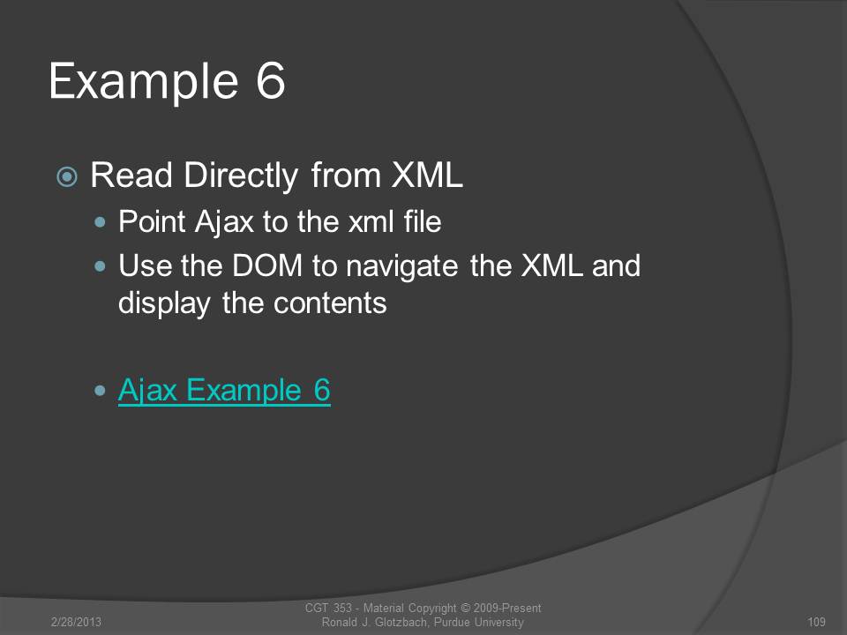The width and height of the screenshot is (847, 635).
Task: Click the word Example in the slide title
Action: click(144, 82)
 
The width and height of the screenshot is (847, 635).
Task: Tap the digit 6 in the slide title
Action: click(270, 80)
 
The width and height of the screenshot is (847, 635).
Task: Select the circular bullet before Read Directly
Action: click(67, 176)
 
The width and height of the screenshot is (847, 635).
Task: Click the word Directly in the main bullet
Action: click(241, 176)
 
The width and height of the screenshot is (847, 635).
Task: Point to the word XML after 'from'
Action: click(427, 175)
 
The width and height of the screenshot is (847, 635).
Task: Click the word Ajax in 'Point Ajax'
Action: click(224, 222)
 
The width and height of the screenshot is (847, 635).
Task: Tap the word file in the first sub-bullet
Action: click(423, 220)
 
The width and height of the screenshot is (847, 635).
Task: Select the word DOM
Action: click(266, 265)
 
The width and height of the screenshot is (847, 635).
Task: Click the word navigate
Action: click(402, 266)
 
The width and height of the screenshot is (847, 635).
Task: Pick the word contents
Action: click(330, 303)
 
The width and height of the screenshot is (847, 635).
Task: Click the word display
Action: click(164, 303)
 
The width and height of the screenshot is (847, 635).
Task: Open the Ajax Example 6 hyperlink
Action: click(224, 391)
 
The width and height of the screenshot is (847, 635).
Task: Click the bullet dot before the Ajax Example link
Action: click(100, 391)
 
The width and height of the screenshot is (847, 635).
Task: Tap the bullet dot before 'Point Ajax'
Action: click(100, 221)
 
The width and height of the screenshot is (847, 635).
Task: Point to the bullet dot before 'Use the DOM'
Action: click(100, 265)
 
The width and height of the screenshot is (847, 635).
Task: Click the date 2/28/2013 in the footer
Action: click(76, 622)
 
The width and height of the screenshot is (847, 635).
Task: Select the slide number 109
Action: click(816, 622)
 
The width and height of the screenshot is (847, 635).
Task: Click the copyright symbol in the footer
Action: click(465, 608)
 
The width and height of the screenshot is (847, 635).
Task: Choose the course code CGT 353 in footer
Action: click(328, 608)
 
